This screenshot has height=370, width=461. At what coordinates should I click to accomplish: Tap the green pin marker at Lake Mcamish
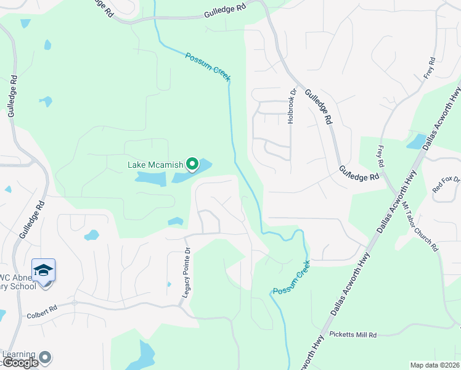click(x=192, y=164)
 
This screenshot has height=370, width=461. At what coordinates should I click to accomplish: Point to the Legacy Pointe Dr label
click(x=186, y=273)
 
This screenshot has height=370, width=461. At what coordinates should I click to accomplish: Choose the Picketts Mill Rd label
click(x=353, y=335)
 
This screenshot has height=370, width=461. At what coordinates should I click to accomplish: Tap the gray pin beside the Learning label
click(x=45, y=357)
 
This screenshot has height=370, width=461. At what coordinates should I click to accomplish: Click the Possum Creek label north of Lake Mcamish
click(x=208, y=67)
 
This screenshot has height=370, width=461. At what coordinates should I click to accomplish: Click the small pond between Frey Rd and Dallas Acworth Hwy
click(x=417, y=142)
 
